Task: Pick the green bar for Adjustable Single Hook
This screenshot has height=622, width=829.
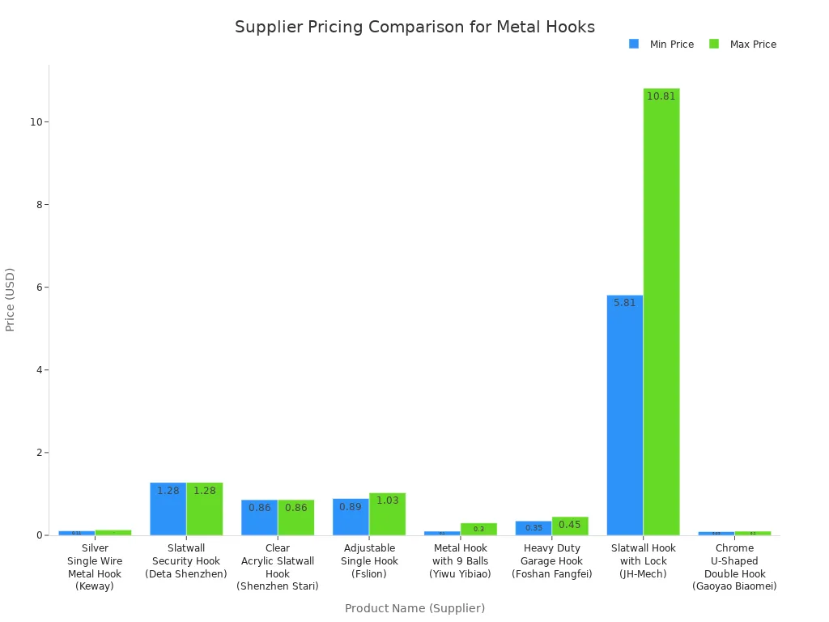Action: [x=387, y=514]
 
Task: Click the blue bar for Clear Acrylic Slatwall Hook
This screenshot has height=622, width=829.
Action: [x=259, y=518]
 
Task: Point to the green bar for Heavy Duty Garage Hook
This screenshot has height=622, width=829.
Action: [x=570, y=526]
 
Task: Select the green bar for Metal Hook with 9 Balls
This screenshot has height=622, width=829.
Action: [x=478, y=529]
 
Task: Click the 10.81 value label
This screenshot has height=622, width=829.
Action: [x=661, y=96]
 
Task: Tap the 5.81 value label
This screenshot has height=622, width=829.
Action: [x=624, y=303]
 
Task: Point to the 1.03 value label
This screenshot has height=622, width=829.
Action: [x=387, y=501]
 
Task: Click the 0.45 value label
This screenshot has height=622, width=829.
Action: [x=570, y=525]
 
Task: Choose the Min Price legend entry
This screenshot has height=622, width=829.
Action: [x=661, y=45]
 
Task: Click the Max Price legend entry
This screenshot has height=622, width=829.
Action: [x=742, y=45]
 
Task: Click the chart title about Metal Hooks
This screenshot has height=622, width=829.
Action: [x=414, y=27]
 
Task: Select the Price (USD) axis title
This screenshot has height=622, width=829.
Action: [x=11, y=300]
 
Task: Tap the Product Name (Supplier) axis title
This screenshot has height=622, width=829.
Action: [x=414, y=608]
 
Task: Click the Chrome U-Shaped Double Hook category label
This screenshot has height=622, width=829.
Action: [x=734, y=567]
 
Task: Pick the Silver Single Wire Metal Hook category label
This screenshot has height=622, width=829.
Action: [x=95, y=567]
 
